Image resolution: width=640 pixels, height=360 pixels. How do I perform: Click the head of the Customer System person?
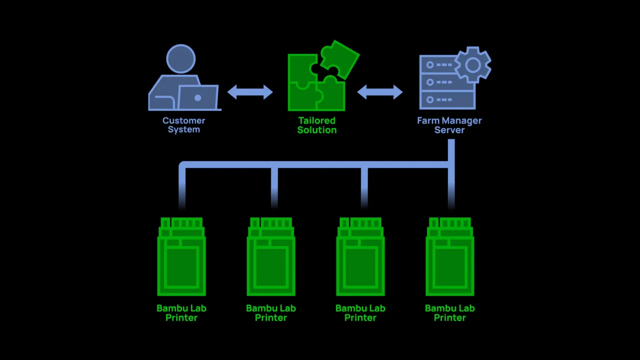coord(180,58)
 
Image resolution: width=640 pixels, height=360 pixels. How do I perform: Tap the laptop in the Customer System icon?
coord(198,97)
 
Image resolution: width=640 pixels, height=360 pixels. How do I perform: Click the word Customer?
coord(183,120)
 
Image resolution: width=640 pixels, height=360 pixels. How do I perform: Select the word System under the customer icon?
coord(183,129)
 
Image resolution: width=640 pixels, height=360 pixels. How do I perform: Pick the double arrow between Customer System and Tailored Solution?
coord(250,91)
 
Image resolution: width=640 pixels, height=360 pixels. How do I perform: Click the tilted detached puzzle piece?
coord(339,57)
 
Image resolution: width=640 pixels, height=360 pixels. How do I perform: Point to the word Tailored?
coord(316,120)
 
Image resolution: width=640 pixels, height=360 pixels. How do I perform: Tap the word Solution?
coord(316,130)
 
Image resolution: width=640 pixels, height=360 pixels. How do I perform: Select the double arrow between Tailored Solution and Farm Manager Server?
coord(380,91)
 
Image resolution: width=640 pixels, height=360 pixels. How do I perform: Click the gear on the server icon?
coord(472,64)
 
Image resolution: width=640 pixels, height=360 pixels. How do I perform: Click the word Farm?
coord(427,120)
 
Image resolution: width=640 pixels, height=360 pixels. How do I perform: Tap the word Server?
coord(449,130)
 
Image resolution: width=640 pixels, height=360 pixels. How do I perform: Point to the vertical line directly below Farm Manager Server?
coord(451,150)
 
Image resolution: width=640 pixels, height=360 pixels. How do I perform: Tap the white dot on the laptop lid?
coord(198,98)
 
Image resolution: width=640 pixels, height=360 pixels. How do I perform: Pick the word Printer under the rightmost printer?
coord(449,317)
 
